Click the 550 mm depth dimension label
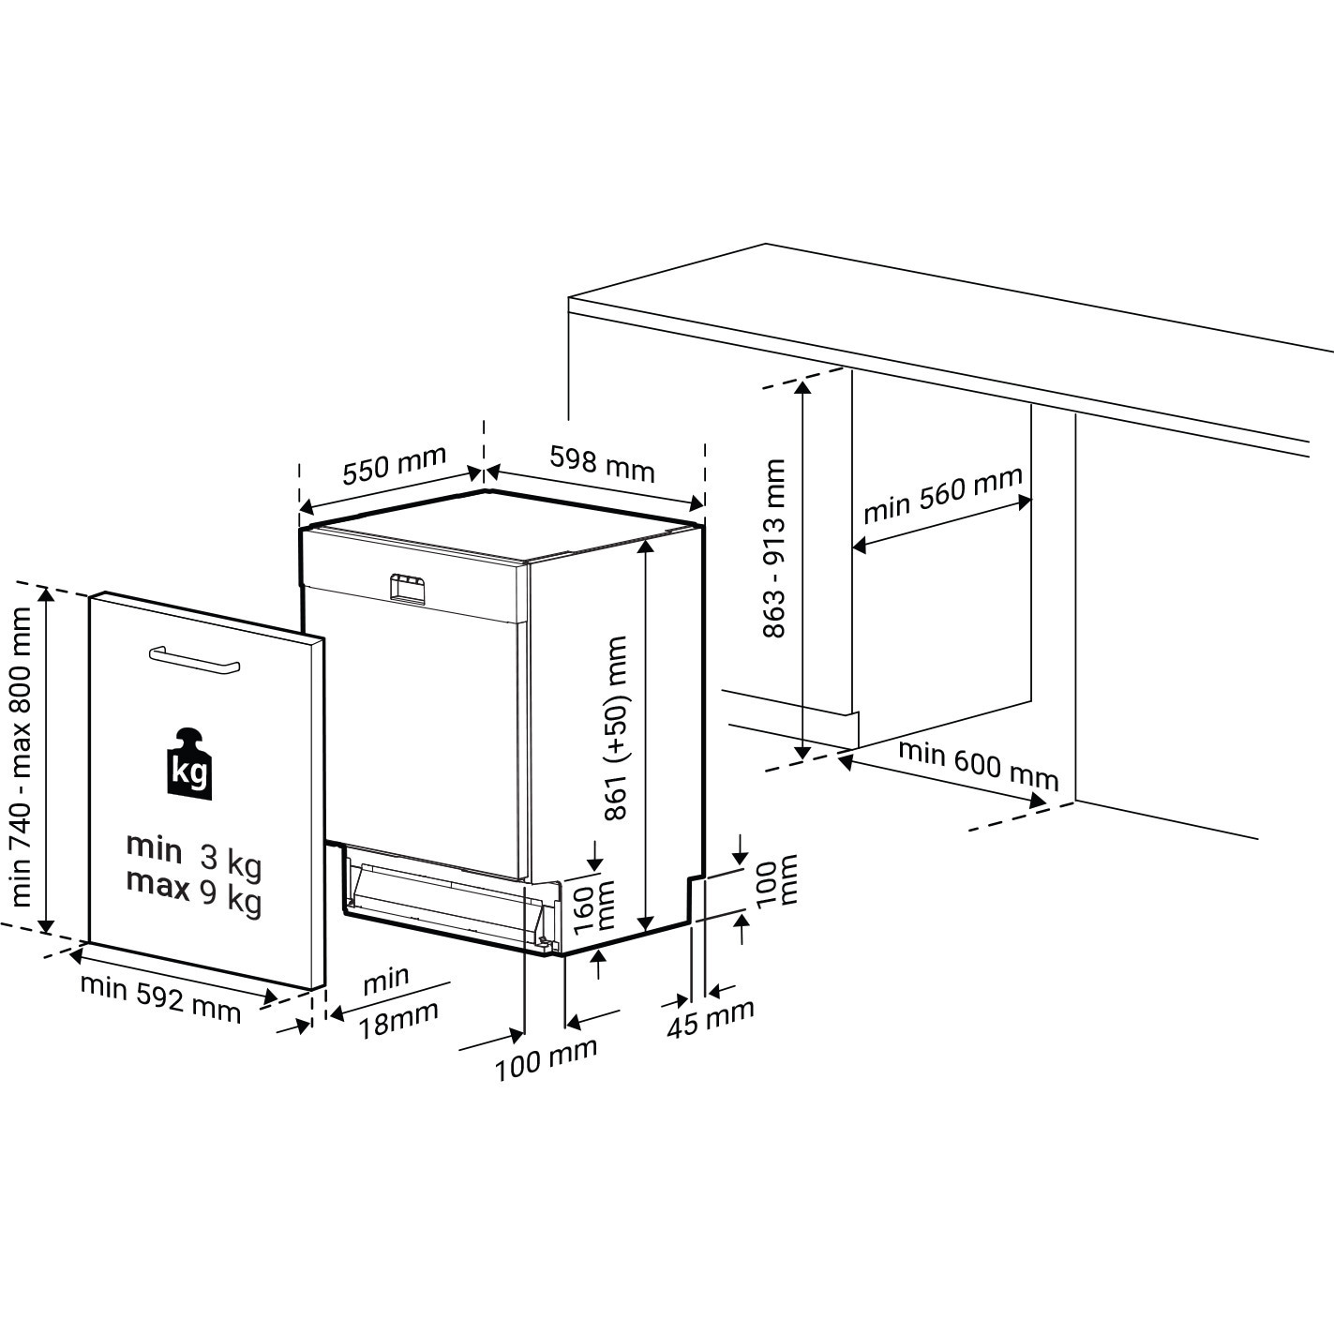(x=395, y=465)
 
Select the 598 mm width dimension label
(x=602, y=464)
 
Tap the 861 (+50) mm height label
(x=615, y=727)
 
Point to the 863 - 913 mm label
(x=773, y=547)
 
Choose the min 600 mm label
(x=979, y=766)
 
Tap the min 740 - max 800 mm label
(x=22, y=757)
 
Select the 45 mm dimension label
(x=711, y=1019)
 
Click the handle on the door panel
(x=195, y=658)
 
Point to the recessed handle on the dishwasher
(x=407, y=589)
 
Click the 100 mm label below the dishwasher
(x=546, y=1060)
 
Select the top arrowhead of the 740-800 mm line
(x=46, y=596)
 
